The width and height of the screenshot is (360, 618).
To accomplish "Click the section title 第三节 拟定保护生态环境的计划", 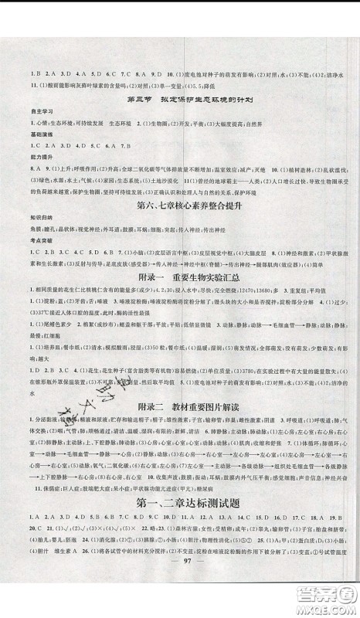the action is pyautogui.click(x=181, y=101).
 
